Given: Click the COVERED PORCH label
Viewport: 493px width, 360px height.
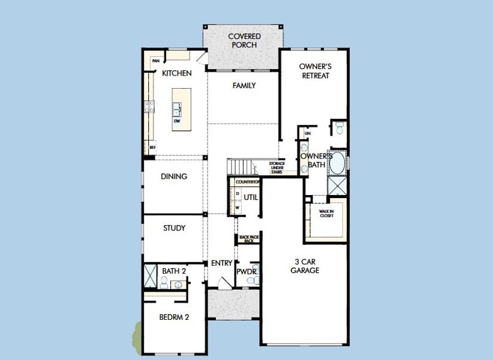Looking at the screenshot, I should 244,41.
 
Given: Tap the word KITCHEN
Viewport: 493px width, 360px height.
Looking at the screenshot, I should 176,73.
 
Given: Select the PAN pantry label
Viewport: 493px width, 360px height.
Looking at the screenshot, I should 155,61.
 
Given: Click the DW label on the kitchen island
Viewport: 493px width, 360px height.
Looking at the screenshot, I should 177,121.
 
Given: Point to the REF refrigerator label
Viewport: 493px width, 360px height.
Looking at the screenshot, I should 153,147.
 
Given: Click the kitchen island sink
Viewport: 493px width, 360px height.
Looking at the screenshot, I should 177,109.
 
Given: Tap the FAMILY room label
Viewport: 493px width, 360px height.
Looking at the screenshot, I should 244,86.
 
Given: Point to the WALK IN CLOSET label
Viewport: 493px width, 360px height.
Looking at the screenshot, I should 326,213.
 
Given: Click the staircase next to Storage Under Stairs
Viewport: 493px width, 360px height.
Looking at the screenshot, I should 239,167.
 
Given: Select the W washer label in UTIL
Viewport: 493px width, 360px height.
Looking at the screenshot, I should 237,208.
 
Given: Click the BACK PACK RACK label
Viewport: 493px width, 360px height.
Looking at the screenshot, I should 248,239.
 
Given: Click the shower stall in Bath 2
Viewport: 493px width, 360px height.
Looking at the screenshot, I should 150,277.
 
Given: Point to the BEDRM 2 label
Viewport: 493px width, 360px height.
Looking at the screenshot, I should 175,317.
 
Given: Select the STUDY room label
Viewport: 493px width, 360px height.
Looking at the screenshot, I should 174,228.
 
